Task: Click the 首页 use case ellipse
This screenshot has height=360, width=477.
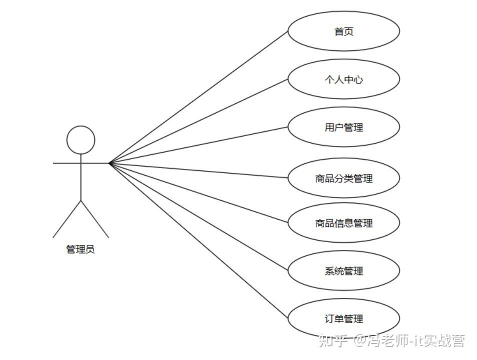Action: [x=343, y=31]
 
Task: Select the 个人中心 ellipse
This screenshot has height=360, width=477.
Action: [x=343, y=79]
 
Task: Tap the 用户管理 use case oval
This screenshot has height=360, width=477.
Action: [x=343, y=127]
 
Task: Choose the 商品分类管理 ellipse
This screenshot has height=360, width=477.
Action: [x=343, y=178]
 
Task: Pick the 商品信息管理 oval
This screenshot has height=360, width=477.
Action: [x=343, y=223]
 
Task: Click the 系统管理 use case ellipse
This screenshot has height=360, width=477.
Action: [x=343, y=271]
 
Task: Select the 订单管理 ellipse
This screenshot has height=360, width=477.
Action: [x=343, y=318]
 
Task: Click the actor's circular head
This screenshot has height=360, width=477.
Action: [x=81, y=139]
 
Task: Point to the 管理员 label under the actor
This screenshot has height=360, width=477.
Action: [x=80, y=249]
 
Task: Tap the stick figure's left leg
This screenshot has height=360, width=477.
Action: [x=67, y=219]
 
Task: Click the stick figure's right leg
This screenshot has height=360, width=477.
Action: [x=94, y=219]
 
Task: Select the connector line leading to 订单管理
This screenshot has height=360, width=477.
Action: [x=199, y=240]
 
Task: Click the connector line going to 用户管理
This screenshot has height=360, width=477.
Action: [x=199, y=145]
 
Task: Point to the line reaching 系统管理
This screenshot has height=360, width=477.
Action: [x=199, y=216]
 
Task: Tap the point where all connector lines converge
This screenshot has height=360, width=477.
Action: [x=109, y=163]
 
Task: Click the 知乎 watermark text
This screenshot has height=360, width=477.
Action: [x=332, y=341]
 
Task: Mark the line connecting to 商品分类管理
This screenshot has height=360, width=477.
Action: [x=199, y=170]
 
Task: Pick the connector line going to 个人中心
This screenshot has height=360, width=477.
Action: [x=199, y=121]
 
